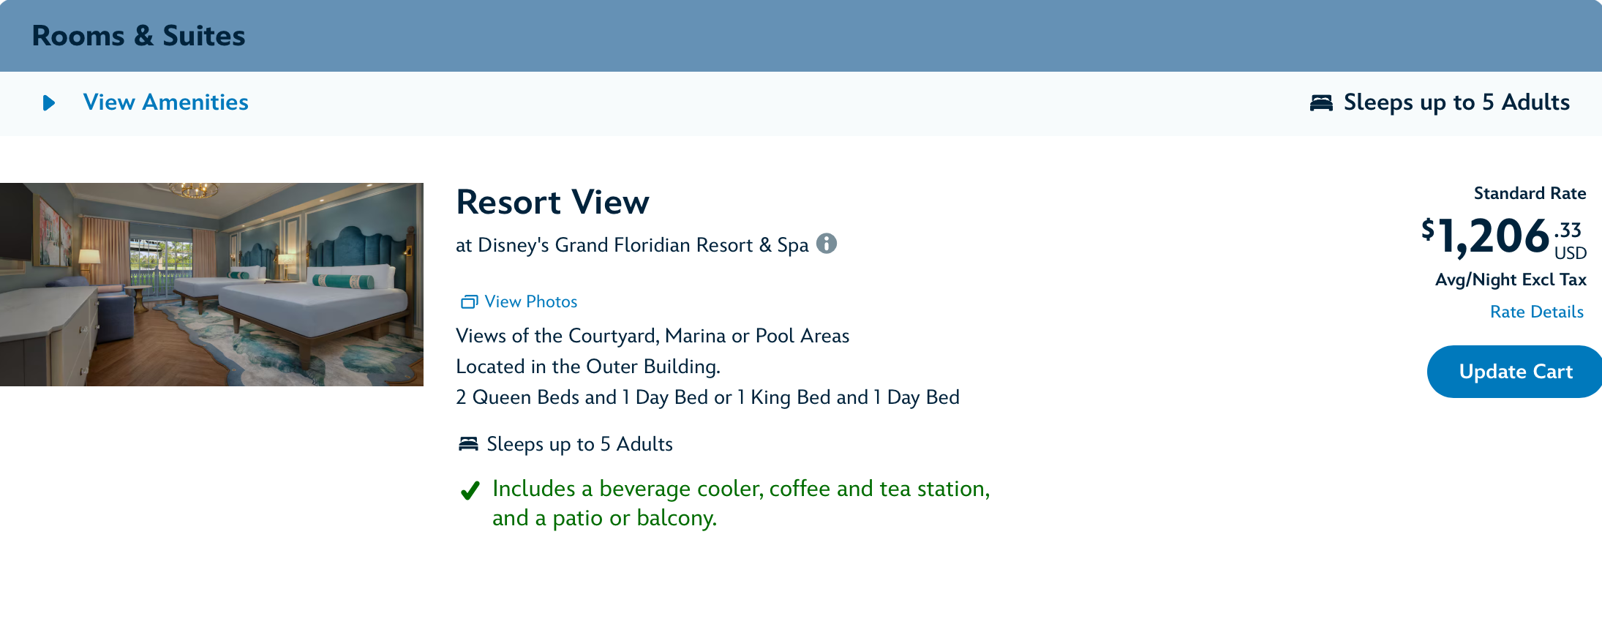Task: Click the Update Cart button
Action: click(1515, 372)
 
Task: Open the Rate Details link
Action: click(1537, 312)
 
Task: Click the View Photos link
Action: click(519, 301)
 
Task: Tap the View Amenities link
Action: click(166, 102)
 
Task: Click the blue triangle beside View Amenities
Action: click(49, 103)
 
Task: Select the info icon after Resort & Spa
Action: click(827, 244)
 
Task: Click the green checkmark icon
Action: click(470, 490)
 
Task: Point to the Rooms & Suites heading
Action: click(139, 36)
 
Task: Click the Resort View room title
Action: click(553, 202)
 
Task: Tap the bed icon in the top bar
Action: click(1321, 102)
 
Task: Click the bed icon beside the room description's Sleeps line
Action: click(468, 444)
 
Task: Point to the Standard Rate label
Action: click(1530, 193)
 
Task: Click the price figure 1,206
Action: click(1494, 236)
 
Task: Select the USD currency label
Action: click(1571, 253)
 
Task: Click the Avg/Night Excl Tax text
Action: click(1511, 279)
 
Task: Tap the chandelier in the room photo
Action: click(195, 190)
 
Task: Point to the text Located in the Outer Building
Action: click(588, 367)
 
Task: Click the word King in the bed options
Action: click(771, 397)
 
